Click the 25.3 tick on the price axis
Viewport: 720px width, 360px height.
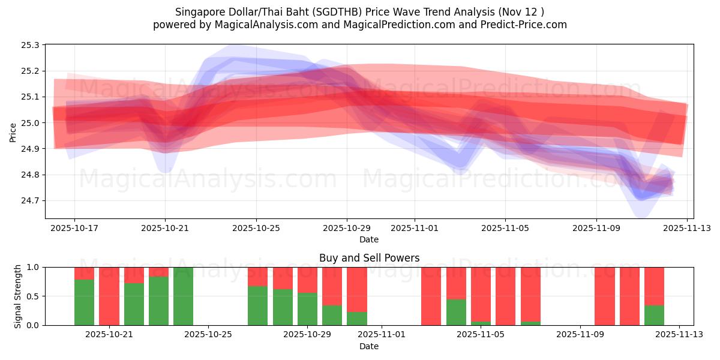pyautogui.click(x=30, y=46)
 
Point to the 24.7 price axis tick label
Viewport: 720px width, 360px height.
pyautogui.click(x=30, y=201)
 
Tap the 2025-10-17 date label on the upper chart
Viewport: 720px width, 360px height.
pyautogui.click(x=74, y=228)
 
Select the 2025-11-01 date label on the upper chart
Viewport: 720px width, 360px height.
pyautogui.click(x=414, y=228)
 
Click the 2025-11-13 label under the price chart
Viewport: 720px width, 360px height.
pyautogui.click(x=687, y=228)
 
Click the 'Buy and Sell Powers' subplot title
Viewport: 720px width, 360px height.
pyautogui.click(x=369, y=258)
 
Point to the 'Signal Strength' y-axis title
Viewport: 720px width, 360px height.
pyautogui.click(x=18, y=296)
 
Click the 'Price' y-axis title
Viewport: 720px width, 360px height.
pyautogui.click(x=13, y=132)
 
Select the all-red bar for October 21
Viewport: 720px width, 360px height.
pyautogui.click(x=109, y=296)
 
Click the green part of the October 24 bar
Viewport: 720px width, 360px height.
pyautogui.click(x=184, y=296)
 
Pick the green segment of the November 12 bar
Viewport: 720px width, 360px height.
pyautogui.click(x=654, y=316)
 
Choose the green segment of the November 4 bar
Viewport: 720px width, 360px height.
pyautogui.click(x=456, y=312)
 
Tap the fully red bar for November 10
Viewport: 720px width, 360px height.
pyautogui.click(x=605, y=296)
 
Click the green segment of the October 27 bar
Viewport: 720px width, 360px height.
pyautogui.click(x=258, y=305)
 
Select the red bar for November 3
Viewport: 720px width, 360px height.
pyautogui.click(x=431, y=296)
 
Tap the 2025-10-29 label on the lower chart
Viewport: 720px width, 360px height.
pyautogui.click(x=307, y=334)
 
